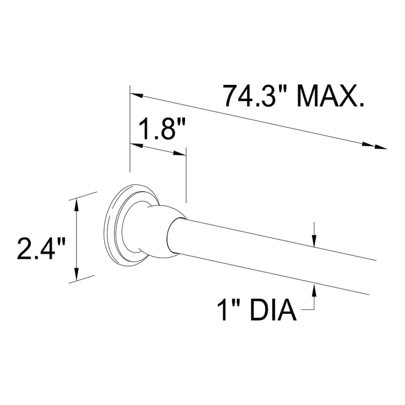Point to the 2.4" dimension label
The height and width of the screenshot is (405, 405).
42,249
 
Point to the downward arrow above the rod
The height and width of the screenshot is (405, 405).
314,240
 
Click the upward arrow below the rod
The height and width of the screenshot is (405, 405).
314,290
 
